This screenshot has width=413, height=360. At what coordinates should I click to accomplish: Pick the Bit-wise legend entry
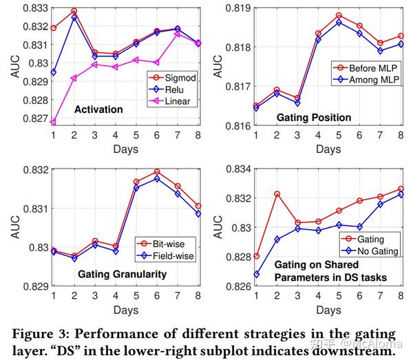(x=169, y=244)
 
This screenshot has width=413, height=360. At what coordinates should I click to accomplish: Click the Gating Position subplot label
(x=314, y=117)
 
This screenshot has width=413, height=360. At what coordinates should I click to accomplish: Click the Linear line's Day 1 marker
(x=54, y=122)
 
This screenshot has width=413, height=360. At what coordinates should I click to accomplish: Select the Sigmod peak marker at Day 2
(x=74, y=11)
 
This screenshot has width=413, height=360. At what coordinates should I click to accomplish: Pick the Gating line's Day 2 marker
(x=277, y=194)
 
